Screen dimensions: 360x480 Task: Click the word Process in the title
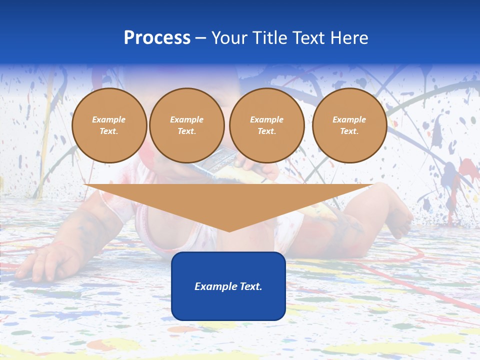click(157, 38)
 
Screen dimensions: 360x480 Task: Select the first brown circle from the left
click(109, 125)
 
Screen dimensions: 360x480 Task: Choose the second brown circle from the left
click(187, 125)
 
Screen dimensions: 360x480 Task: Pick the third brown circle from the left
click(267, 125)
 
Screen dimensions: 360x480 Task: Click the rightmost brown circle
click(349, 125)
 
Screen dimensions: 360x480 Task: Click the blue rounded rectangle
click(228, 286)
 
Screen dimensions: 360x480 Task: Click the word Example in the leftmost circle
click(109, 119)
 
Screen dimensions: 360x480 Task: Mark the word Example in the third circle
click(266, 119)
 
